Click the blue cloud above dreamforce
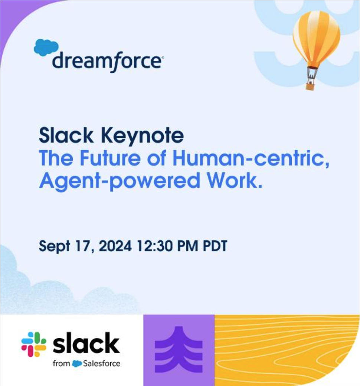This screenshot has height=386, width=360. pyautogui.click(x=46, y=47)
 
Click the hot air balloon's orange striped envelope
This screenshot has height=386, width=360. pyautogui.click(x=316, y=39)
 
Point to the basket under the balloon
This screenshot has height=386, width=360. pyautogui.click(x=310, y=87)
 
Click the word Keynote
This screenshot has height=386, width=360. pyautogui.click(x=143, y=136)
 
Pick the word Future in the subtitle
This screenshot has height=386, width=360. pyautogui.click(x=110, y=158)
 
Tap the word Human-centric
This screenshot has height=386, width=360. pyautogui.click(x=251, y=159)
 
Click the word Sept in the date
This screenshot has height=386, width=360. pyautogui.click(x=55, y=246)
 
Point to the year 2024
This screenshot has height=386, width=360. pyautogui.click(x=115, y=246)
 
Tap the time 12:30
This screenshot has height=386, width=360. pyautogui.click(x=154, y=246)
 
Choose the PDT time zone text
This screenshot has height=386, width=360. pyautogui.click(x=215, y=246)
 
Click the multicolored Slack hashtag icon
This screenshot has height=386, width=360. pyautogui.click(x=34, y=344)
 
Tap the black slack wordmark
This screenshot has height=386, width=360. pyautogui.click(x=86, y=343)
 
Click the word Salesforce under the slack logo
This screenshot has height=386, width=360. pyautogui.click(x=102, y=363)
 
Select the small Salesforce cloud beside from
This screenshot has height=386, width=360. pyautogui.click(x=77, y=364)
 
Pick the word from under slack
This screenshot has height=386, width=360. pyautogui.click(x=61, y=363)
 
